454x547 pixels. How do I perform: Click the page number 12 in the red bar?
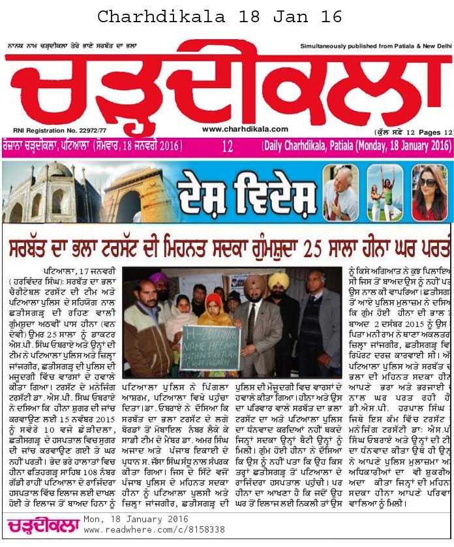coord(227,147)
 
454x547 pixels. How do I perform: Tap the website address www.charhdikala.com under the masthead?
coord(245,129)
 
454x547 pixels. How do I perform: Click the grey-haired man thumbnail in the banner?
coord(340,193)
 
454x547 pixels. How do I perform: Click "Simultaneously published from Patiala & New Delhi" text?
coord(376,46)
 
